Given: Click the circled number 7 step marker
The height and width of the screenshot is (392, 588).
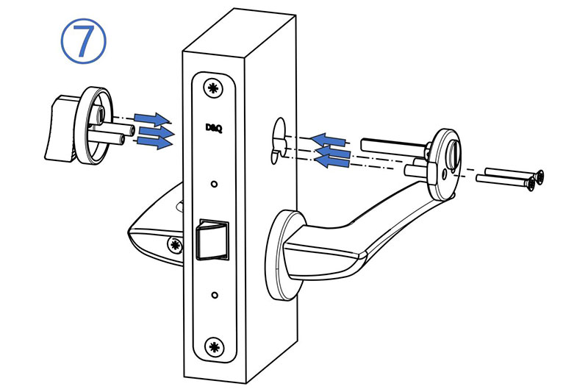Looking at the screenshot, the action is tap(83, 41).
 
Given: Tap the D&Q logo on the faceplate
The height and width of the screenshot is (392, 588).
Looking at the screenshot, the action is tap(214, 128).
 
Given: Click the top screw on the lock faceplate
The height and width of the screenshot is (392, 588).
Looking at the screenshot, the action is tap(213, 88).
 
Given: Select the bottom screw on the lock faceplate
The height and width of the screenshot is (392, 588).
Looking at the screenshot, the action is tap(214, 346).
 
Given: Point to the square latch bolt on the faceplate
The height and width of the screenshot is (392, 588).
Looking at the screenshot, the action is tap(213, 239).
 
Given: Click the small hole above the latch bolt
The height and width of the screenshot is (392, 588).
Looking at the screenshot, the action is tap(214, 184).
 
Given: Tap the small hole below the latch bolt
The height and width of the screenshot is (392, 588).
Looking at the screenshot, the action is tap(215, 295).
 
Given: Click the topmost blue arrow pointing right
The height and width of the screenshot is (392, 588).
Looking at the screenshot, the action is tap(152, 119).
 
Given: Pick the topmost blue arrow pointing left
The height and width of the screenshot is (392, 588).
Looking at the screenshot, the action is tap(328, 140).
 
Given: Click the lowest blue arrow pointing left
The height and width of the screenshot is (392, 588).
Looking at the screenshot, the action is tap(331, 161).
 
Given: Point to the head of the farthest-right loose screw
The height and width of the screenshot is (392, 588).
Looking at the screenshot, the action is tap(539, 177).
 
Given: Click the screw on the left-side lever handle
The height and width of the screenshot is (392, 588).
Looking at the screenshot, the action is tap(175, 246).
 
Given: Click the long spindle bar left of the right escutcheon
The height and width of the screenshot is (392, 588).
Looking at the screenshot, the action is tap(394, 146).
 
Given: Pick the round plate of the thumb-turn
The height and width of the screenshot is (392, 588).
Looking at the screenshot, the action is tap(93, 126).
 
